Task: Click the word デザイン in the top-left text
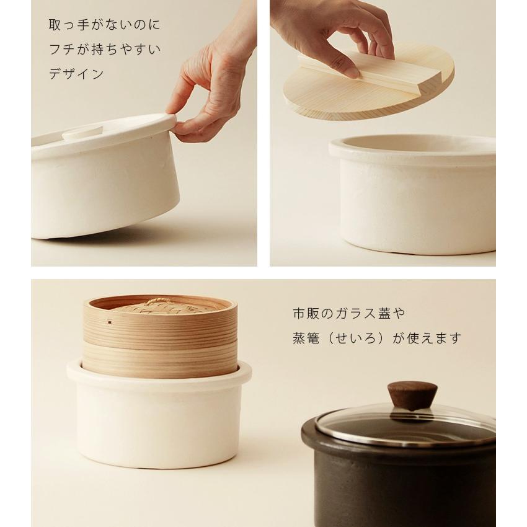tap(76, 74)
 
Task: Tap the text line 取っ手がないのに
tap(104, 25)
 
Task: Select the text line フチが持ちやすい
tap(104, 50)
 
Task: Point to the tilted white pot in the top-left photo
tap(105, 186)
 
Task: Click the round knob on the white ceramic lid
tap(82, 131)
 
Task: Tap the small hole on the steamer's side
tap(109, 322)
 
